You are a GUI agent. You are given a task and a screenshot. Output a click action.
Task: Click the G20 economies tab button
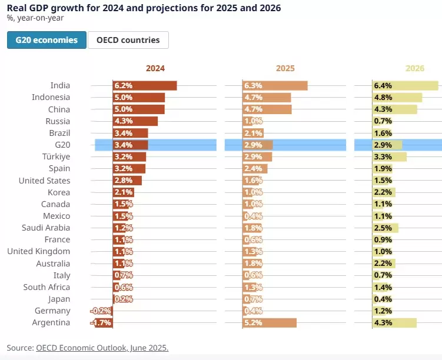click(46, 40)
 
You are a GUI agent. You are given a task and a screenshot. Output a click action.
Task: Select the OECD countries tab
click(128, 40)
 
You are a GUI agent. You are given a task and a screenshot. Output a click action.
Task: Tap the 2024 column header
click(155, 68)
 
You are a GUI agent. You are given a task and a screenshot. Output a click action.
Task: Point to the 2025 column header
click(285, 68)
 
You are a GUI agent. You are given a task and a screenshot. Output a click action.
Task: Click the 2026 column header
click(415, 68)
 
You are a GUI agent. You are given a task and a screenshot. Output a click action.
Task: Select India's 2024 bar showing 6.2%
click(145, 86)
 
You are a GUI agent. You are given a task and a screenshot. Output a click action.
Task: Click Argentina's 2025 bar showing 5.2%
click(270, 323)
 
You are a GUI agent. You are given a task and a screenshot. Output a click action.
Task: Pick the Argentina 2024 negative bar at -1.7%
click(101, 323)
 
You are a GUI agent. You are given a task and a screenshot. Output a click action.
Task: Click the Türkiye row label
click(56, 156)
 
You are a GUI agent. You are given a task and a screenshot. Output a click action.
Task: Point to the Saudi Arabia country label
click(46, 228)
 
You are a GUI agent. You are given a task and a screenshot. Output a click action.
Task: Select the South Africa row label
click(46, 287)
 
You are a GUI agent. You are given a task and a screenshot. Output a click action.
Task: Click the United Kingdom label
click(38, 252)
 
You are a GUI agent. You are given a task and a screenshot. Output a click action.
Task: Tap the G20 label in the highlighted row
click(61, 145)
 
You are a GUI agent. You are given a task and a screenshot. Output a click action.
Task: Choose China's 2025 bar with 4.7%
click(267, 109)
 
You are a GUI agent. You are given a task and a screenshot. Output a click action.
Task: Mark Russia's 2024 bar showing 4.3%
click(135, 121)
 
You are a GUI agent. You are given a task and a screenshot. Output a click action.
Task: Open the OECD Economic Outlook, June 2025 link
click(102, 348)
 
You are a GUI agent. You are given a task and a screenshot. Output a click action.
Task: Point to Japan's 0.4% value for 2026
click(383, 299)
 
